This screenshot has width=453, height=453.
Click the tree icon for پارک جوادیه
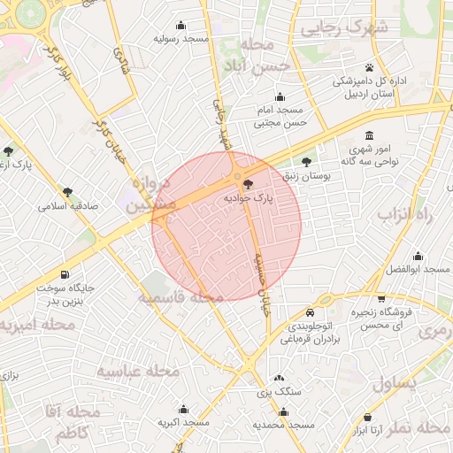[x=247, y=185]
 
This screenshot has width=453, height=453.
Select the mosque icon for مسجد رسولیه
[x=181, y=25]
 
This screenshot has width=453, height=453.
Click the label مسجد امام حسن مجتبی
[x=280, y=117]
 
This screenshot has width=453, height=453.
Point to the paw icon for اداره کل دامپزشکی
[x=368, y=67]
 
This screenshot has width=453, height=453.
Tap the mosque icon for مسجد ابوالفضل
[x=418, y=256]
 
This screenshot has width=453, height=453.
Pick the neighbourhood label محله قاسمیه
[x=180, y=298]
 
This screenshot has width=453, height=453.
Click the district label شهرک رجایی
[x=345, y=27]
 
